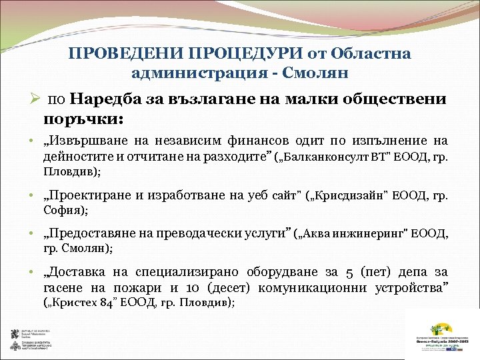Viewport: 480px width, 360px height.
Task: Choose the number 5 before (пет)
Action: click(x=350, y=272)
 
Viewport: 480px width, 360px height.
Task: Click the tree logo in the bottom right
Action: click(x=440, y=331)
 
